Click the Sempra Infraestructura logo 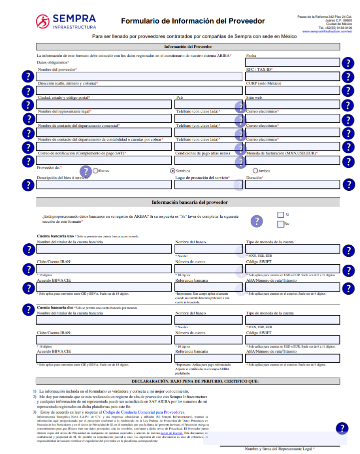pos(65,21)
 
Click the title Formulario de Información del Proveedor pos(193,21)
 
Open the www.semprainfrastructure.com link pos(327,31)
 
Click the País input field pos(207,104)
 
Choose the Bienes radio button pos(95,171)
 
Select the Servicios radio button pos(173,171)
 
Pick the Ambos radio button pos(255,171)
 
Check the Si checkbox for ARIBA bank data pos(280,214)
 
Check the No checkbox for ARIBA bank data pos(280,223)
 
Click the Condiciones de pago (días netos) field pos(207,160)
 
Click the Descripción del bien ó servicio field pos(104,185)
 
